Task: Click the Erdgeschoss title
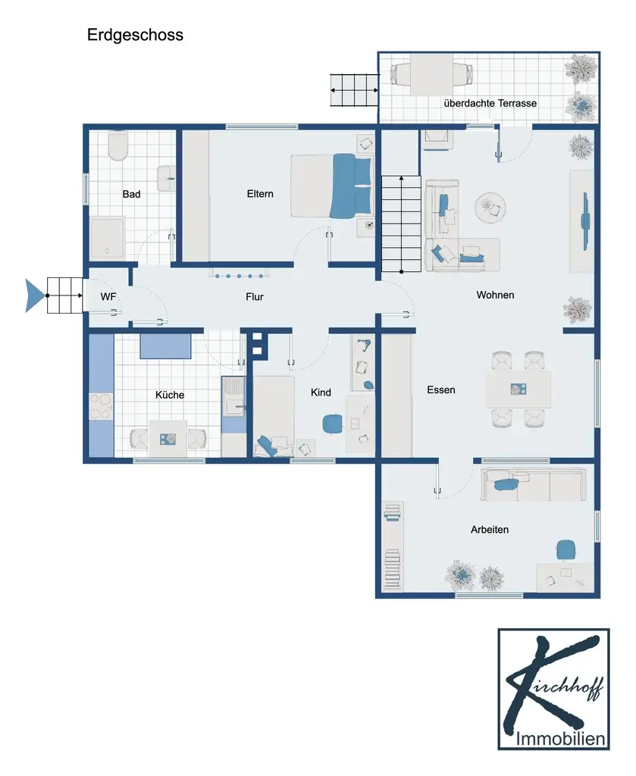135,35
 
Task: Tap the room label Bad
131,194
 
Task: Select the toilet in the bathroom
117,145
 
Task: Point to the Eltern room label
260,193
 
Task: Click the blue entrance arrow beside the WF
35,296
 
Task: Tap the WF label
108,296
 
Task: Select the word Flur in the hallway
255,296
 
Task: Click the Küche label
170,394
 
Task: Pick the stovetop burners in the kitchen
101,406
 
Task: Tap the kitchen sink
233,407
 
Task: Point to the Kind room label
321,393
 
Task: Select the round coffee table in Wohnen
490,208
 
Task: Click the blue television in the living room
586,221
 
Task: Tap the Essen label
441,390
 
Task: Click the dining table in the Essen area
519,390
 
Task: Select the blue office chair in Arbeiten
566,550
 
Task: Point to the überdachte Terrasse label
490,103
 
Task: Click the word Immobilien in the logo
560,738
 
